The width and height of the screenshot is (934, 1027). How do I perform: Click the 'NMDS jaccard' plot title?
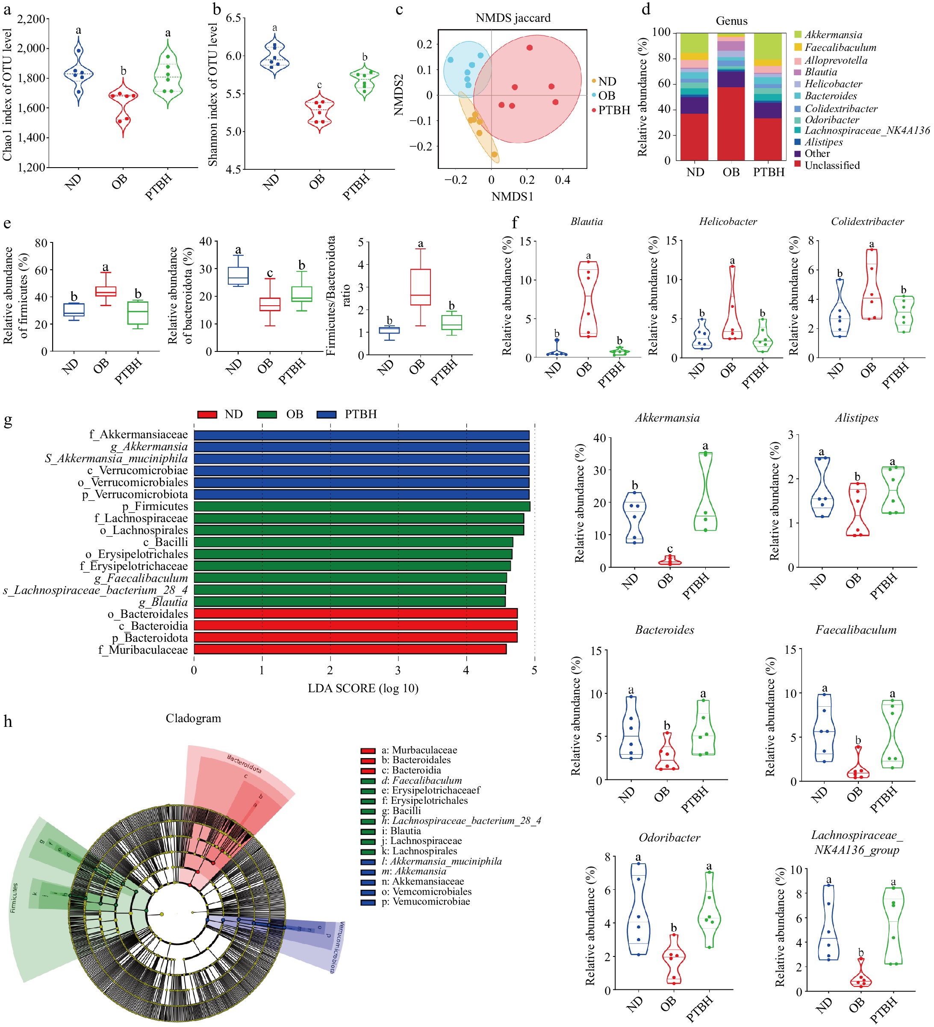[513, 18]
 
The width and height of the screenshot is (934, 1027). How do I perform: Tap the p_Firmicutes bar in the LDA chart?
[362, 506]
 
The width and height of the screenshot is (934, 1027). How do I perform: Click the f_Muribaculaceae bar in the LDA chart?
[350, 649]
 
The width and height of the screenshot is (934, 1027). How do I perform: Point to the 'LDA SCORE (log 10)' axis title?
[363, 688]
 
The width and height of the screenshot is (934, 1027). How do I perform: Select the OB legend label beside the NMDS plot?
[607, 96]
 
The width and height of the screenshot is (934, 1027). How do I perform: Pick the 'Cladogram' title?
[193, 718]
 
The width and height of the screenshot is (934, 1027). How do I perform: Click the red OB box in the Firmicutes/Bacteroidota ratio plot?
[420, 287]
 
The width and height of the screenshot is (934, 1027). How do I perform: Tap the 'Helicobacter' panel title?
[728, 221]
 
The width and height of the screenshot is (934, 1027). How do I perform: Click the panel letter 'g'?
[8, 421]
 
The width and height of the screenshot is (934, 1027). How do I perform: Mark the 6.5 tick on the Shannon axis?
[233, 18]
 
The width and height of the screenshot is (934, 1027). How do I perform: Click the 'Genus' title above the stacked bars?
[731, 21]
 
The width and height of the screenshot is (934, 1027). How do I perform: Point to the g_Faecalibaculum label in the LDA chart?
[141, 578]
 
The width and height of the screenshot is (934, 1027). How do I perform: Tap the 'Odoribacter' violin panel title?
[669, 838]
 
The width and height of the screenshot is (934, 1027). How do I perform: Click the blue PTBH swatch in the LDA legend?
[327, 415]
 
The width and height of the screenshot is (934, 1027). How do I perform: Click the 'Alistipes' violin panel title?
[857, 418]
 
